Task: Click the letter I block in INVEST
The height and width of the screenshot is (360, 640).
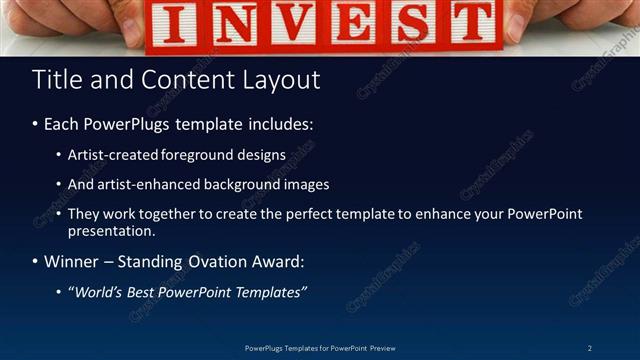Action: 178,25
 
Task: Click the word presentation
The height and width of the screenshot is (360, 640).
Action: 110,231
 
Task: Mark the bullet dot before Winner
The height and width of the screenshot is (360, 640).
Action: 36,262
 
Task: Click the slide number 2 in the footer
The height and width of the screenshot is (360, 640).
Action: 590,348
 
